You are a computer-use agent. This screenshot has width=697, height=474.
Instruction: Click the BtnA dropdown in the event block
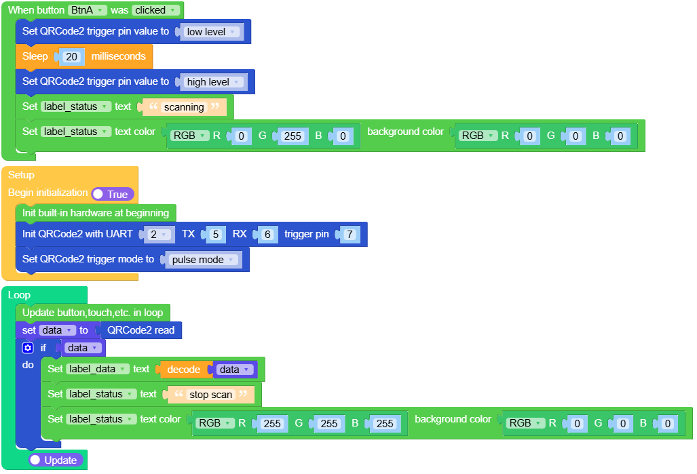coord(88,10)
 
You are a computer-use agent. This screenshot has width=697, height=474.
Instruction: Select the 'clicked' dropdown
coord(156,10)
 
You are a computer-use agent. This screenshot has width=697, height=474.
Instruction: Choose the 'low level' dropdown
coord(211,32)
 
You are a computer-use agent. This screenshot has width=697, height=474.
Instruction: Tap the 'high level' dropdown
coord(213,82)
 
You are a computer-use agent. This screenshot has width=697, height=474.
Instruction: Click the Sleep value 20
coord(72,57)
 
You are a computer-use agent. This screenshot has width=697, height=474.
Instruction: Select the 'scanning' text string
coord(184,107)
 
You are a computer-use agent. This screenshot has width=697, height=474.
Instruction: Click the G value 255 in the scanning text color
coord(293,136)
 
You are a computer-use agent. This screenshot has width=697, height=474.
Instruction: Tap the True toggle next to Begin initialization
coord(113,194)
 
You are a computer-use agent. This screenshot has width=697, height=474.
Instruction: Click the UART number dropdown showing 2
coord(158,235)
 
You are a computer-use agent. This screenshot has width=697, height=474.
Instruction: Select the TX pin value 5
coord(215,235)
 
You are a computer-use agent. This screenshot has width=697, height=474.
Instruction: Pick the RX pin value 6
coord(267,235)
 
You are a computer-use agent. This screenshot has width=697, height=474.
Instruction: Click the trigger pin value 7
coord(350,235)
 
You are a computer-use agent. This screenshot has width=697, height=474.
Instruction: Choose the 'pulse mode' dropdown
coord(202,260)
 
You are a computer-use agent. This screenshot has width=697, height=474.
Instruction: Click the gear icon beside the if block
coord(27,348)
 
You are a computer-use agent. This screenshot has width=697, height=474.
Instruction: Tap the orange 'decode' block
coord(183,370)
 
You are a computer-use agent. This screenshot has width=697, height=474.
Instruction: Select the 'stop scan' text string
coord(210,395)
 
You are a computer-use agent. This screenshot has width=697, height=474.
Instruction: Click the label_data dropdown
coord(98,369)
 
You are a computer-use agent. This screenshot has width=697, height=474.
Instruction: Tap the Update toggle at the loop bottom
coord(56,460)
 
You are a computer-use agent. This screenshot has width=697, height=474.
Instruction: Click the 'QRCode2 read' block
coord(140,330)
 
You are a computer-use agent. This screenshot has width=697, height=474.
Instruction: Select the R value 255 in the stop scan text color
coord(271,424)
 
